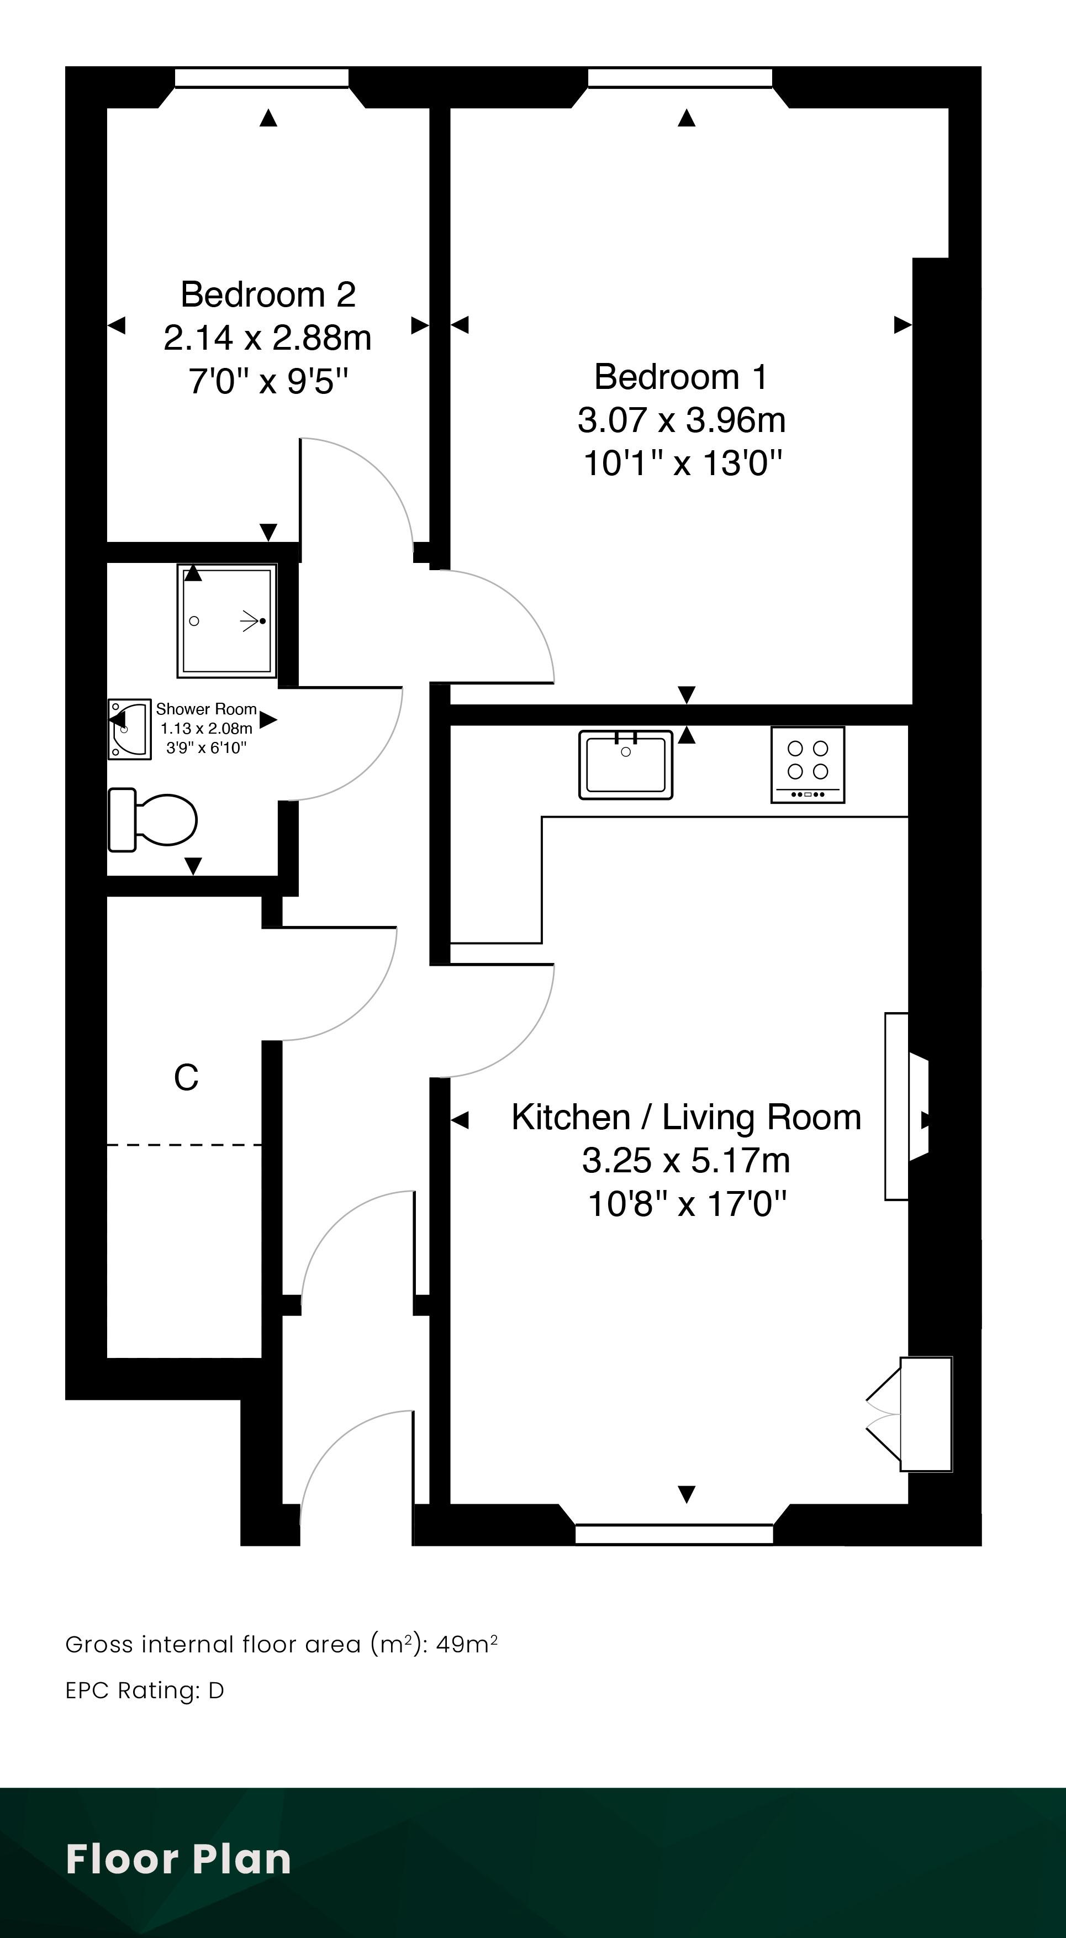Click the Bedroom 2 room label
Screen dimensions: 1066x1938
(268, 294)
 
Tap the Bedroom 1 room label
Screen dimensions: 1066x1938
(682, 377)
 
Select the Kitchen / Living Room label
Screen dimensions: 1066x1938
(686, 1117)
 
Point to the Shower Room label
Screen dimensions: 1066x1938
(206, 709)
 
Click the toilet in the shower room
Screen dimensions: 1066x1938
(152, 819)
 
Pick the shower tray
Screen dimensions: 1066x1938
(227, 620)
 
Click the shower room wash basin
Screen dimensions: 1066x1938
(129, 729)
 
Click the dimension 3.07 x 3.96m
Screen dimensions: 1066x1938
(682, 420)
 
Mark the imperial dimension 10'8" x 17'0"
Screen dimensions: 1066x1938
(686, 1204)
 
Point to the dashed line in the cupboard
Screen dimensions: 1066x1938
(184, 1145)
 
